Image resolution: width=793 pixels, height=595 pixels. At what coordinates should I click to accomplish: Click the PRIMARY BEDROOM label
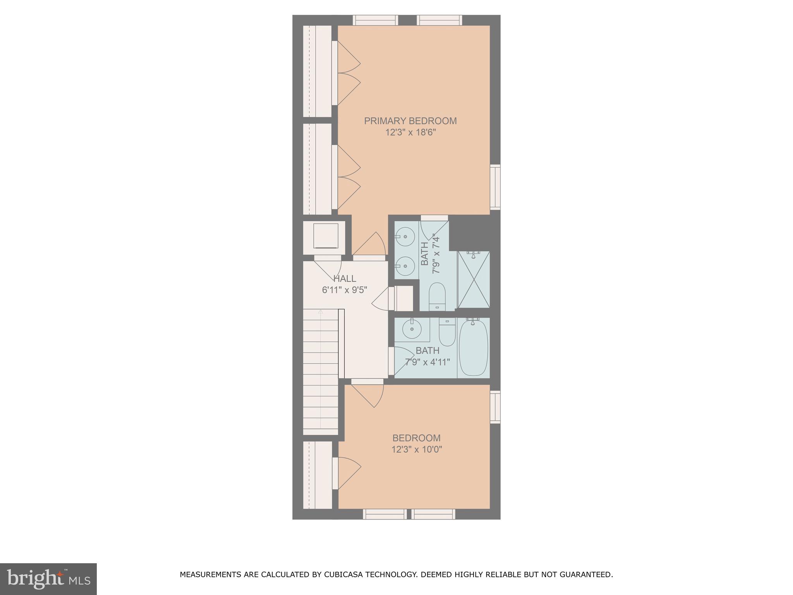tap(410, 121)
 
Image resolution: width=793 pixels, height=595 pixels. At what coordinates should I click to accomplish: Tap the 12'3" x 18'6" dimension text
tap(410, 132)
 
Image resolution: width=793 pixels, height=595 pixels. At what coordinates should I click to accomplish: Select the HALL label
tap(345, 279)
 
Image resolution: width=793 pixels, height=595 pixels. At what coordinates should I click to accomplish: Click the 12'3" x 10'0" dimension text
tap(417, 450)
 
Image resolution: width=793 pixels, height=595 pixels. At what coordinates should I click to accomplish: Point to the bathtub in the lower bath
tap(473, 347)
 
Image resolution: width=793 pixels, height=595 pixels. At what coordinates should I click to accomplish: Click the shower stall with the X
tap(474, 280)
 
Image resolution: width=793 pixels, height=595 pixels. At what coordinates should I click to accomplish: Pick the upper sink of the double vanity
tap(405, 236)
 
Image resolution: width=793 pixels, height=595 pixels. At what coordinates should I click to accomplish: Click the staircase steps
tap(321, 372)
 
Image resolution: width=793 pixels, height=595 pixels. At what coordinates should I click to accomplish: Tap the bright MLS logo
tap(48, 579)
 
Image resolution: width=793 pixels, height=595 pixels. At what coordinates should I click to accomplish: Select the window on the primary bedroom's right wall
tap(495, 187)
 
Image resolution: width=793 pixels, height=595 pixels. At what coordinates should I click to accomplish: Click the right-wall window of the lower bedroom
tap(495, 407)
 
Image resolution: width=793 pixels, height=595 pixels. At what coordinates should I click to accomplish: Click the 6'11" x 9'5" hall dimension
tap(344, 290)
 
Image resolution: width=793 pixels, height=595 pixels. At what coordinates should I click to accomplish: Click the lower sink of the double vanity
tap(405, 266)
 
